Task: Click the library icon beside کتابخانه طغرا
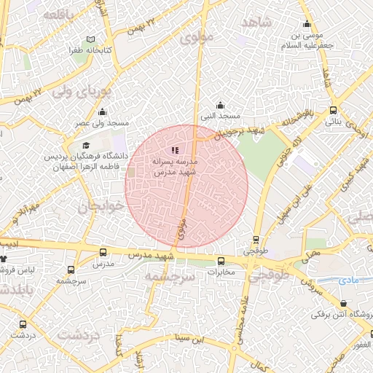[90, 39]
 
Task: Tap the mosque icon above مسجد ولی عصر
[102, 112]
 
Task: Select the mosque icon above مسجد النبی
[221, 106]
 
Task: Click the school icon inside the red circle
[175, 149]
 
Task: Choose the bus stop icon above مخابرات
[221, 261]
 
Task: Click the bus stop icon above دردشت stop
[24, 323]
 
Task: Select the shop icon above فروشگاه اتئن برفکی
[343, 304]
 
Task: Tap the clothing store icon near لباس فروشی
[4, 259]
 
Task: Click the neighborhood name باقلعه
[58, 15]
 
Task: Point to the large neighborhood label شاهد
[256, 22]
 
